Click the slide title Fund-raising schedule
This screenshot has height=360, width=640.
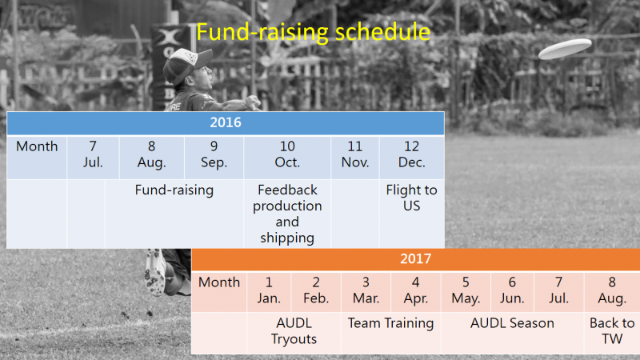tap(313, 32)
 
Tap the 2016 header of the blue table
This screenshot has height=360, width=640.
tap(226, 122)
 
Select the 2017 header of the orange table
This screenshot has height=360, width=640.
tap(415, 258)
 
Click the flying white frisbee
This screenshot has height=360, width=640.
tap(565, 49)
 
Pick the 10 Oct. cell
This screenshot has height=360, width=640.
tap(287, 157)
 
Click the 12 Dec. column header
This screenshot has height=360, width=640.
tap(412, 157)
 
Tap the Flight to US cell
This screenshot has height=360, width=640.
tap(412, 214)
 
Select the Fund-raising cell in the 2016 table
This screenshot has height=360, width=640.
tap(174, 214)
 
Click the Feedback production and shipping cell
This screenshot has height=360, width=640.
tap(287, 214)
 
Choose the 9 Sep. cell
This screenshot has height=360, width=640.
tap(214, 157)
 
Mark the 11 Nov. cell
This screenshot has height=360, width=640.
tap(355, 157)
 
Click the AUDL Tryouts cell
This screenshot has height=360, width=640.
tap(294, 333)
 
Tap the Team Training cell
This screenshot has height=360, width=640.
tap(391, 333)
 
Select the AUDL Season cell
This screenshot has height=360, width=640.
tap(512, 333)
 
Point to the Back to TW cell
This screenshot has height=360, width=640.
tap(612, 333)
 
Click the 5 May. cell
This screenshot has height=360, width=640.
tap(466, 291)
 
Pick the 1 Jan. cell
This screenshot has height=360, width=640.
tap(269, 291)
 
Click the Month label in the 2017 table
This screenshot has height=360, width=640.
tap(219, 282)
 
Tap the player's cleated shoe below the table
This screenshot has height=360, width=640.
tap(155, 271)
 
